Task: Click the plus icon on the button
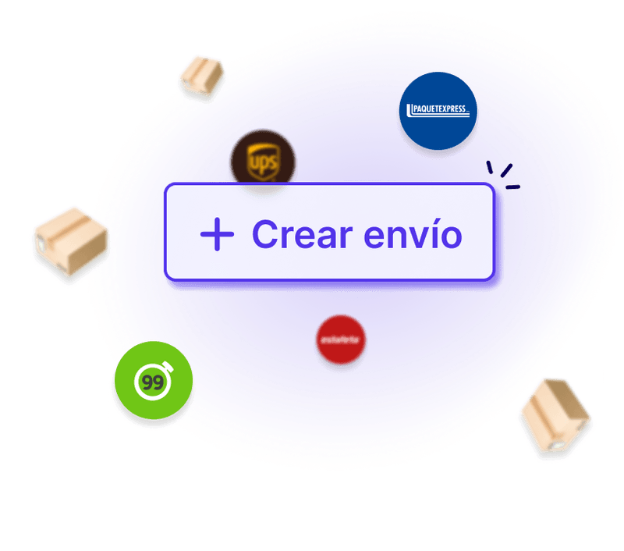click(217, 234)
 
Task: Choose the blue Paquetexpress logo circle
click(438, 111)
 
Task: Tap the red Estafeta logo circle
click(341, 340)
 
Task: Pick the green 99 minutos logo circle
click(153, 382)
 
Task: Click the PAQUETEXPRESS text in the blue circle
click(437, 109)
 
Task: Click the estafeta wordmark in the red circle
click(341, 340)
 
